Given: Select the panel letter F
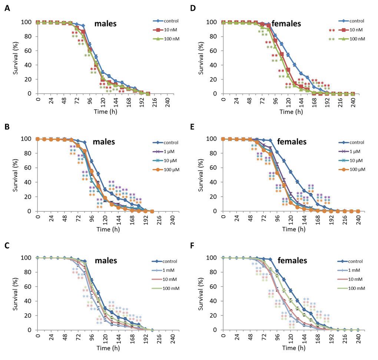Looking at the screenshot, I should click(x=197, y=245).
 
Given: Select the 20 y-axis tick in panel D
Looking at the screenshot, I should click(x=214, y=79).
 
